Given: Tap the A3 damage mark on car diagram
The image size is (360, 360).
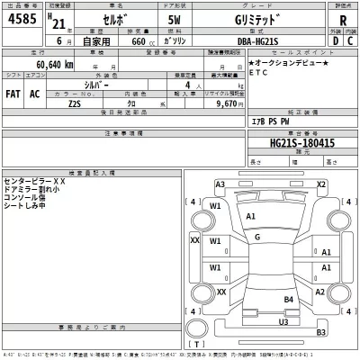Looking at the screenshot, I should tap(220, 184).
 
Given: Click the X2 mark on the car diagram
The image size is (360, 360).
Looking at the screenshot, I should tap(320, 184).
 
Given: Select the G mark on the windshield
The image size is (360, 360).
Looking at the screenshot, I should tap(257, 237).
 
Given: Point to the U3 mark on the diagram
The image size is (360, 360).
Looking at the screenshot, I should tap(283, 322).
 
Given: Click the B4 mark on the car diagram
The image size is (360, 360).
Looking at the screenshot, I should tap(290, 299).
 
